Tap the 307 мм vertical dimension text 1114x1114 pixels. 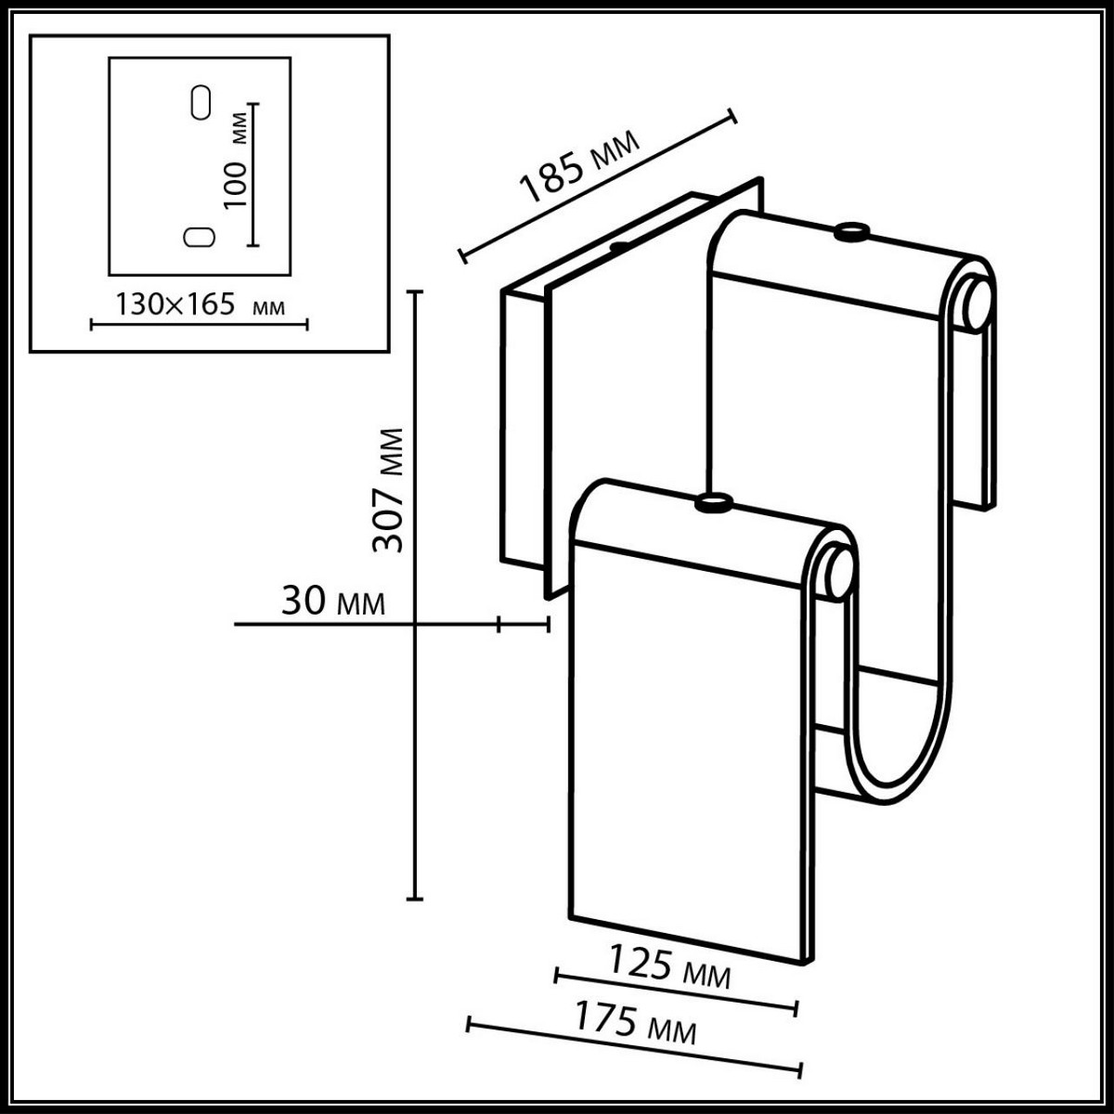click(388, 490)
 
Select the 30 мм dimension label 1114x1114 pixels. click(332, 602)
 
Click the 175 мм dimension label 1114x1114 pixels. click(633, 1023)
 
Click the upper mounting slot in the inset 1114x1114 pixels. click(200, 102)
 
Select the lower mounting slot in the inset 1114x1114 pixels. click(199, 237)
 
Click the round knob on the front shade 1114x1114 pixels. click(714, 504)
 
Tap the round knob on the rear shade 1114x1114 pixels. click(850, 232)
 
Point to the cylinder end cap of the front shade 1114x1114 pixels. click(836, 572)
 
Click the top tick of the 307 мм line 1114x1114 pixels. click(415, 292)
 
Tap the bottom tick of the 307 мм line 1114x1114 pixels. click(415, 898)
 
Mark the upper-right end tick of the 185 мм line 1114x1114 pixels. click(732, 116)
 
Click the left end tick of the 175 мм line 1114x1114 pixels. click(469, 1024)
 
